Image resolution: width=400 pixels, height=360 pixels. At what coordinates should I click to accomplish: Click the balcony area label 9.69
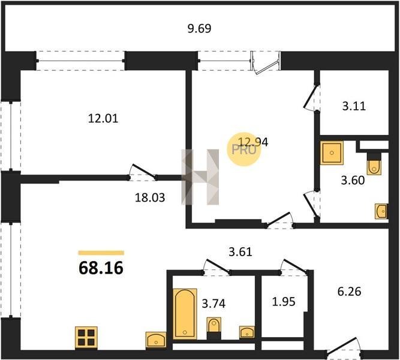[x=199, y=28]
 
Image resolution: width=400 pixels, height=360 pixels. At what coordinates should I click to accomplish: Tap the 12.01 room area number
[x=103, y=118]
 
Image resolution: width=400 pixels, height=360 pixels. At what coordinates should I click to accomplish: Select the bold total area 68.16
[x=101, y=268]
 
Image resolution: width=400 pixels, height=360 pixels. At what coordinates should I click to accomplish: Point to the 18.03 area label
[x=150, y=197]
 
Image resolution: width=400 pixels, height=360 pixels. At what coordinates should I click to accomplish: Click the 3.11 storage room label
[x=354, y=106]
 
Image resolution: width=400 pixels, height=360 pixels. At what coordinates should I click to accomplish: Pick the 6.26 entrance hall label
[x=349, y=292]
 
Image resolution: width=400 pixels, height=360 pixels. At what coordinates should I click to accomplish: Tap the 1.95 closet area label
[x=284, y=302]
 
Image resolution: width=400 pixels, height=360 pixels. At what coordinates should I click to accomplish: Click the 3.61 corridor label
[x=240, y=252]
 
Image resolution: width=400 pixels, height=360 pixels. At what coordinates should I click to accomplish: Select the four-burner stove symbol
[x=86, y=338]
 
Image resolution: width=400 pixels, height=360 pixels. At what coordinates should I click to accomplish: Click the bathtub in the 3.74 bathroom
[x=185, y=314]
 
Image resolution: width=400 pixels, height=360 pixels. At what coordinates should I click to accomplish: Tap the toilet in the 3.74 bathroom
[x=213, y=328]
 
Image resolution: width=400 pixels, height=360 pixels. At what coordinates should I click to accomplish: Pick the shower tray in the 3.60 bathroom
[x=332, y=152]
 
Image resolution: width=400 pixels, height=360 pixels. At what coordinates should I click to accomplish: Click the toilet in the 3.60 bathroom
[x=374, y=164]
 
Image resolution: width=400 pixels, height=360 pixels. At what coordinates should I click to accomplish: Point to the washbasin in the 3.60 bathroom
[x=381, y=211]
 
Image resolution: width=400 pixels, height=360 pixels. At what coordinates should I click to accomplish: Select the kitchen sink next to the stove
[x=156, y=340]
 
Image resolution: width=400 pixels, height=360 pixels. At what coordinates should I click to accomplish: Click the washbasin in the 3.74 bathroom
[x=246, y=332]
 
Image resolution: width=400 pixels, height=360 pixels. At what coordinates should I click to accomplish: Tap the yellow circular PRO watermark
[x=244, y=149]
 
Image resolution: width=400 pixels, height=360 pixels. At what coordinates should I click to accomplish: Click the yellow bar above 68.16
[x=101, y=253]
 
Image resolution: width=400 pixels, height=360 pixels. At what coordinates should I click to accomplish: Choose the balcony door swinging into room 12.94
[x=265, y=63]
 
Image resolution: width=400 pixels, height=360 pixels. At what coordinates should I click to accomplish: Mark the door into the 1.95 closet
[x=294, y=268]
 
